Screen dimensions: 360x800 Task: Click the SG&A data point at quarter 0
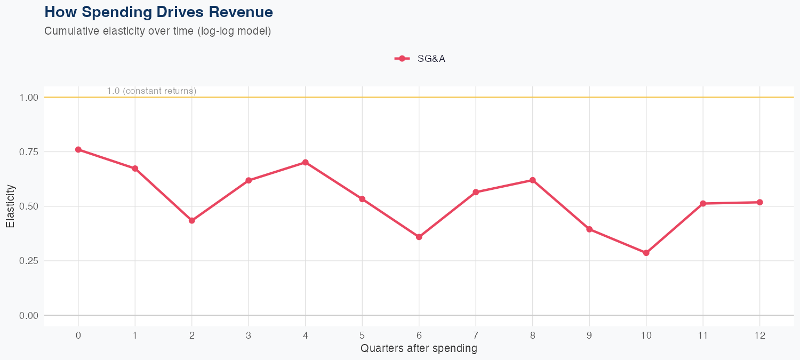pos(78,149)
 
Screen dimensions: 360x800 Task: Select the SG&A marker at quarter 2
pos(192,220)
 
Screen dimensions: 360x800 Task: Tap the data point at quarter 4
pos(306,162)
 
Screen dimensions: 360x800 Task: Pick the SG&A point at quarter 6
pos(419,237)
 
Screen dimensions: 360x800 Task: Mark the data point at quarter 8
pos(532,180)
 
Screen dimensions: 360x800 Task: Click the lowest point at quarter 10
pos(646,253)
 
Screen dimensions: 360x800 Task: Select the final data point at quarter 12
pos(759,202)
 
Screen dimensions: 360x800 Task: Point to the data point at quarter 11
pos(703,203)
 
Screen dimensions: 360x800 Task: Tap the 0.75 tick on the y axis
pos(28,152)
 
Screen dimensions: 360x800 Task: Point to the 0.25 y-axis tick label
pos(28,261)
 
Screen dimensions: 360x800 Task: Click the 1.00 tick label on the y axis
pos(28,98)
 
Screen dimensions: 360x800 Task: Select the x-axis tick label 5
pos(362,335)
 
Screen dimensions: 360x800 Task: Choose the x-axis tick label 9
pos(589,335)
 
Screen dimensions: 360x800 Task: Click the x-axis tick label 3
pos(249,335)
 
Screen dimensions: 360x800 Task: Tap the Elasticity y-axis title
pos(10,206)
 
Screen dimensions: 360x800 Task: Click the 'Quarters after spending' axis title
pos(419,349)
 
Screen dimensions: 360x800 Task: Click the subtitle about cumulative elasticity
pos(158,31)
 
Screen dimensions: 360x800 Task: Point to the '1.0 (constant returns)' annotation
pos(151,91)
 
